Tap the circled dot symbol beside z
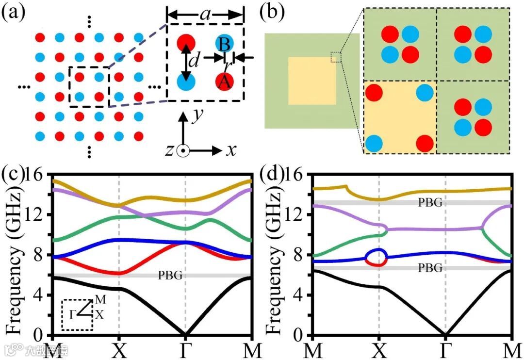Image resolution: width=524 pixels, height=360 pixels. click(182, 151)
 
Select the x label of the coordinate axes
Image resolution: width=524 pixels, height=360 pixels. click(231, 150)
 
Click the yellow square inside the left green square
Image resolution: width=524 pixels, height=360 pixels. click(311, 81)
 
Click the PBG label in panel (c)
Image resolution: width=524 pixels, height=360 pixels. click(170, 276)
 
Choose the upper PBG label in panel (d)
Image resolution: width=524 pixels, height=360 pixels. click(430, 203)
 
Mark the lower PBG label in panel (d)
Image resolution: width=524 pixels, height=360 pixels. click(430, 267)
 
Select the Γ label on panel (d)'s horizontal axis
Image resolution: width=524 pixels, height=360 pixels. click(445, 350)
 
